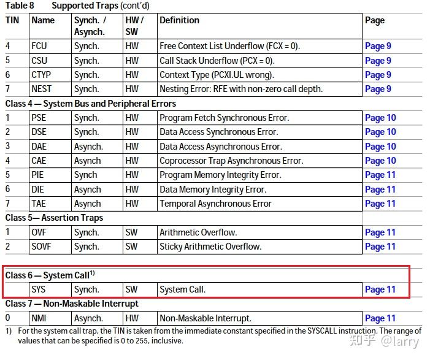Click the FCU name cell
pos(39,46)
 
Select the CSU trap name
pos(39,61)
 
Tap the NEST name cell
pos(41,89)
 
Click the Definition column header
pos(179,20)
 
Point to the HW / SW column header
pos(134,26)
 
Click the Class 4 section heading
pos(91,104)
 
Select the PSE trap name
pos(39,118)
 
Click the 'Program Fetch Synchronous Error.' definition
pos(224,118)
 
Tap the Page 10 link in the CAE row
pos(380,161)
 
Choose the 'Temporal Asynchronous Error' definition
pos(215,204)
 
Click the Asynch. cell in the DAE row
pos(88,147)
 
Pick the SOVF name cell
pos(42,247)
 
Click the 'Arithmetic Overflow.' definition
pos(198,232)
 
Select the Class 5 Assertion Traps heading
pos(55,218)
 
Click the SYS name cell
pos(39,289)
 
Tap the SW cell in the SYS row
pos(131,289)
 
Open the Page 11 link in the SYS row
pos(380,289)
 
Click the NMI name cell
pos(39,318)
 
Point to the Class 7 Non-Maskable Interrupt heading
pos(72,304)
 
